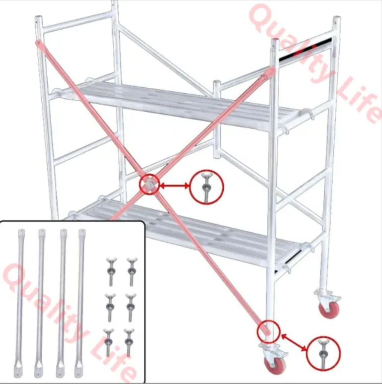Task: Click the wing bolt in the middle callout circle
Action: coord(206,187)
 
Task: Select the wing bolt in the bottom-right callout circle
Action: coord(323,353)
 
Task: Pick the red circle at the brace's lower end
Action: coord(268,331)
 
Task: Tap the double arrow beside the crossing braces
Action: coord(175,186)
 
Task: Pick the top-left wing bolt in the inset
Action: coord(111,271)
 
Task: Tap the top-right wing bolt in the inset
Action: coord(131,271)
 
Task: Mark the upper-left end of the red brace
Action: coord(38,43)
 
